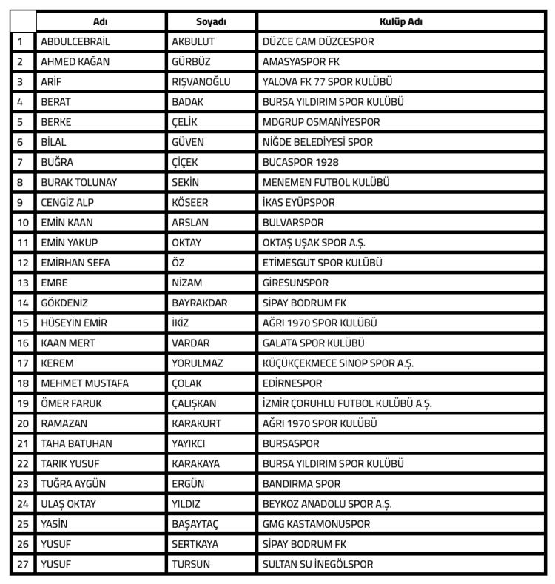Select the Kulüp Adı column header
tap(401, 22)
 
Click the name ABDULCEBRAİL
tap(76, 42)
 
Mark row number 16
tap(22, 343)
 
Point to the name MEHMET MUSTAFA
tap(85, 383)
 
